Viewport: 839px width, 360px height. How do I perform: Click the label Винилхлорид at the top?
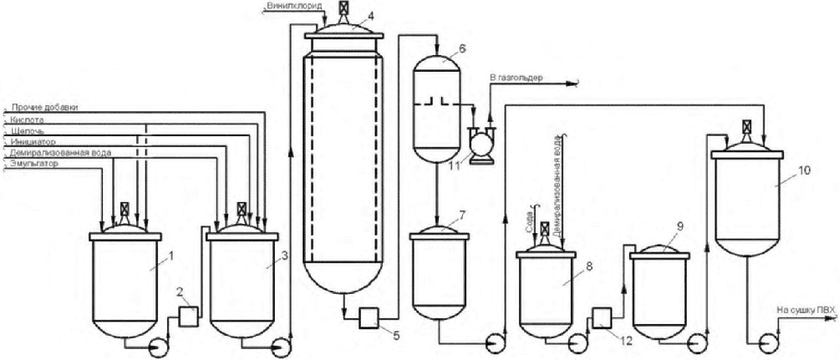(x=295, y=5)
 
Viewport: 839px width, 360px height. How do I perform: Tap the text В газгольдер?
(x=516, y=78)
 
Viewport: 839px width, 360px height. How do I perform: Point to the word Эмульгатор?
(x=30, y=163)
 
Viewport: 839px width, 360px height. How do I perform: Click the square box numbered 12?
(x=602, y=321)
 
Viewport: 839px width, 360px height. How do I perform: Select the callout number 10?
(x=806, y=170)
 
